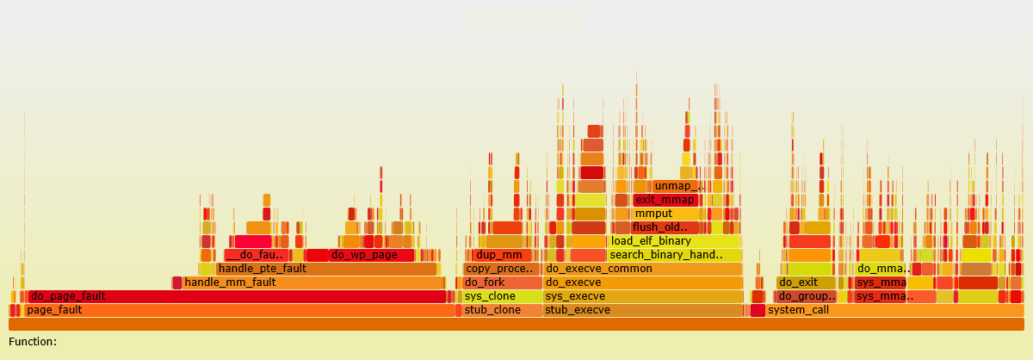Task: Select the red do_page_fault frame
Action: point(237,296)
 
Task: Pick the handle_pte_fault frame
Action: point(327,269)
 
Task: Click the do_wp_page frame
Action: point(371,255)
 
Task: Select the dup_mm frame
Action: point(498,255)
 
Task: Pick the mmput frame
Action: point(665,214)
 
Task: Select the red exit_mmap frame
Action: point(665,200)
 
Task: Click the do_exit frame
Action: point(806,282)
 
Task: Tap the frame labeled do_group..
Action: point(806,296)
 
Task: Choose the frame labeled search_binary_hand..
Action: point(674,255)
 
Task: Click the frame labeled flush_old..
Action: point(661,227)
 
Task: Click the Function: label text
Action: point(33,342)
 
